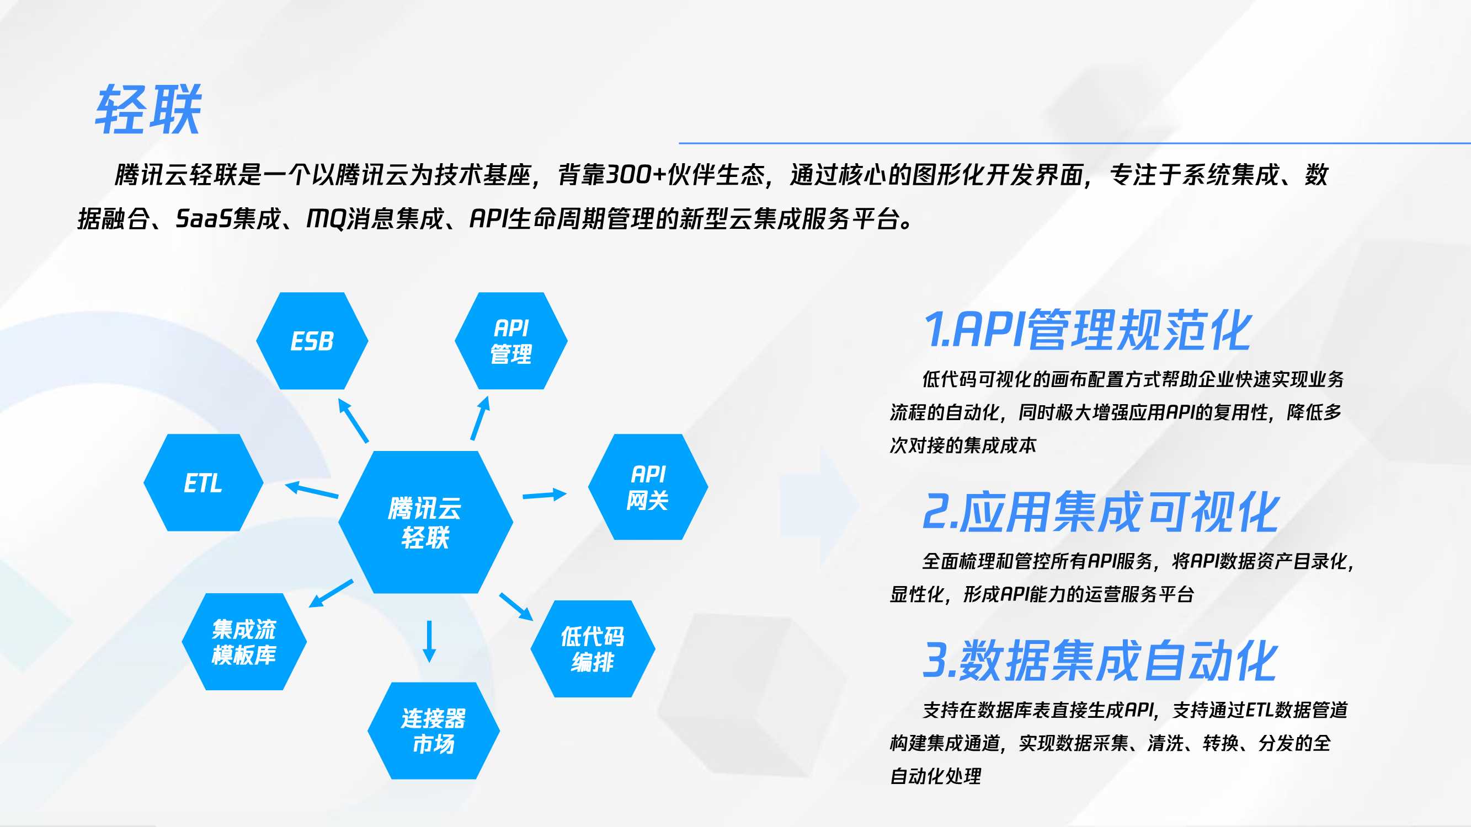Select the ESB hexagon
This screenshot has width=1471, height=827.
coord(312,341)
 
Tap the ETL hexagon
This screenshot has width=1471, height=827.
coord(203,483)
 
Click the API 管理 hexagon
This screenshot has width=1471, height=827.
coord(511,341)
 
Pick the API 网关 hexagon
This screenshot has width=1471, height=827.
coord(648,487)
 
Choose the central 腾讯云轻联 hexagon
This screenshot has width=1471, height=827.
coord(425,522)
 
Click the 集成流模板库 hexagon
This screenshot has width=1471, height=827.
coord(244,642)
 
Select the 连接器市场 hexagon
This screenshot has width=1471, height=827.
coord(434,731)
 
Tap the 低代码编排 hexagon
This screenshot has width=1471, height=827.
coord(593,649)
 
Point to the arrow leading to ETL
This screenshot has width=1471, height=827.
coord(312,490)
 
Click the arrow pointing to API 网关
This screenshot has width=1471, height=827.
coord(544,495)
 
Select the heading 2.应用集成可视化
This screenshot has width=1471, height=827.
coord(1100,512)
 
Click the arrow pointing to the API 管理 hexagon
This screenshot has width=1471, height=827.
coord(480,418)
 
